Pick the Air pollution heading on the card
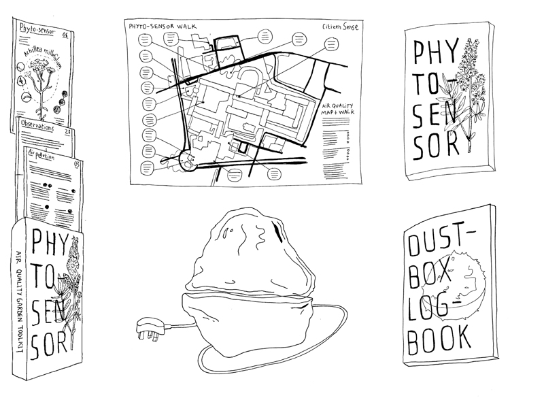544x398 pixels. click(45, 156)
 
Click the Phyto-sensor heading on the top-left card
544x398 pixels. click(39, 31)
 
